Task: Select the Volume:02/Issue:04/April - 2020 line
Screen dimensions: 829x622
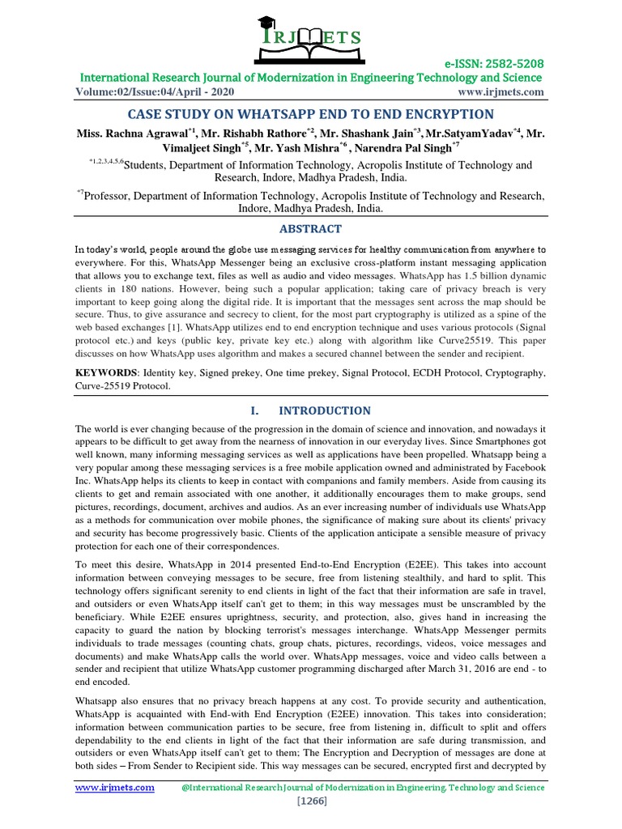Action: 152,92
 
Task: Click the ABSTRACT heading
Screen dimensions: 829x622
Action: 310,229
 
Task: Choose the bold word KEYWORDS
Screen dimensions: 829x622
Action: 105,373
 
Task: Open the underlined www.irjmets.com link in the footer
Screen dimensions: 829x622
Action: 115,787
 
